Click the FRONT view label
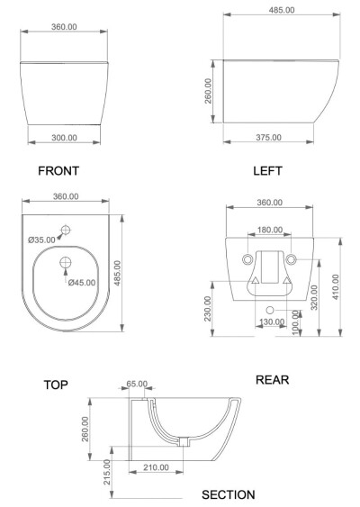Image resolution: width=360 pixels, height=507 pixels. click(x=58, y=171)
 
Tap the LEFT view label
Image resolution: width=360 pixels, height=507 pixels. click(x=267, y=171)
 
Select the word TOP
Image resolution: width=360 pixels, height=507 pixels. click(x=56, y=385)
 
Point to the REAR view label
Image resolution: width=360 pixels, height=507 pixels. click(x=272, y=380)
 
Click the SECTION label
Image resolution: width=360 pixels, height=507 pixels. click(x=229, y=494)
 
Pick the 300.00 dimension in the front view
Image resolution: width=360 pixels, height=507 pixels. click(x=64, y=138)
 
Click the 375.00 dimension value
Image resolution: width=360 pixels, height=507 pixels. click(x=268, y=138)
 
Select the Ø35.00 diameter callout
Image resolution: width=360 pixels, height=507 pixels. click(x=41, y=240)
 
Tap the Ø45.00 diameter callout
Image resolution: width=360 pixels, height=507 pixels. click(x=82, y=283)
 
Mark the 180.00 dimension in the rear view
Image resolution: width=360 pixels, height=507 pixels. click(x=270, y=230)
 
